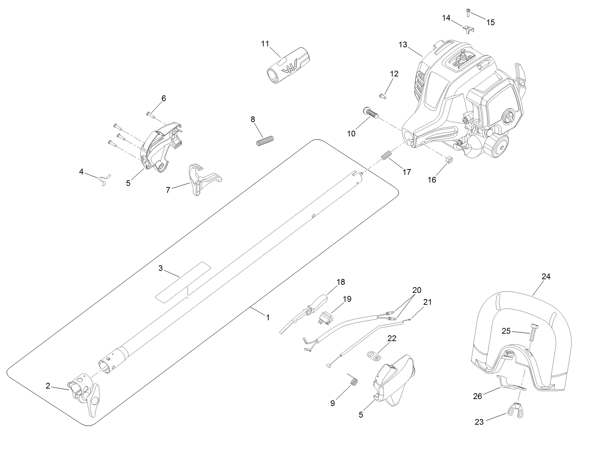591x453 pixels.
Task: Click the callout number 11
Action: (x=265, y=44)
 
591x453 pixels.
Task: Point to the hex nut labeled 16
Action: (x=449, y=160)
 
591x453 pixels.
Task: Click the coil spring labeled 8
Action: (x=265, y=140)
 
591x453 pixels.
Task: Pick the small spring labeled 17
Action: (x=386, y=157)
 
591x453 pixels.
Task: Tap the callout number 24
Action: (x=546, y=277)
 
